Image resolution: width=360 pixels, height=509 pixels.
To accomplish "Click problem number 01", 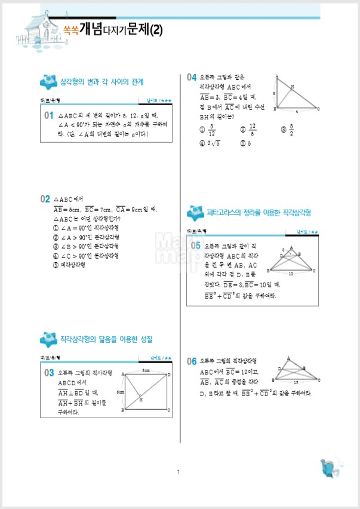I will point(48,115).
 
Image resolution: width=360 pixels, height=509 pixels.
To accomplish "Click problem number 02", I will point(45,198).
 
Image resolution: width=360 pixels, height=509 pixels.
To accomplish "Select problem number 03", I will point(48,373).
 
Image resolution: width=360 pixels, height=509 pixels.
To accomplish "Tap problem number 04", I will point(191,77).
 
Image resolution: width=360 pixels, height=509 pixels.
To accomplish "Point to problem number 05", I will point(195,245).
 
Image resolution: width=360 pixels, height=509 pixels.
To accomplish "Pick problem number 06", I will point(191,361).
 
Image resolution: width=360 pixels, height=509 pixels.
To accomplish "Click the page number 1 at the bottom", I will point(178,473).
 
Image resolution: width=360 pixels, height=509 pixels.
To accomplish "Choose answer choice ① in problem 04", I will point(205,130).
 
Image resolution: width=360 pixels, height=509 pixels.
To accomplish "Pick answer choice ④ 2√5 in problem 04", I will point(209,143).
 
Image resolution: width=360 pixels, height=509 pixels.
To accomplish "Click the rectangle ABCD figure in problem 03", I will point(147,391).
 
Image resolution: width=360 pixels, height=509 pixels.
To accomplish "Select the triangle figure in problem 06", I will point(297,373).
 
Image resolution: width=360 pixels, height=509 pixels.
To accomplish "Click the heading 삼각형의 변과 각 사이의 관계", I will point(102,81).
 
